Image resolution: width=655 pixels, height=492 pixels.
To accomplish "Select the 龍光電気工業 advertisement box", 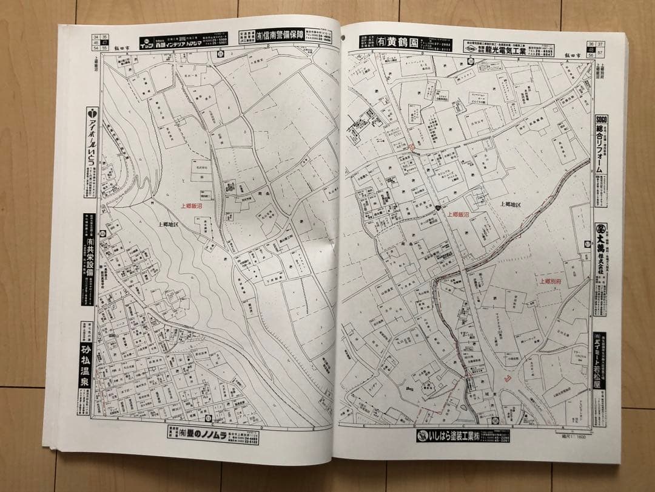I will click(x=507, y=49).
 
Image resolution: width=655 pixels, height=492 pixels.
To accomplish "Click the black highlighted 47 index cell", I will click(x=104, y=42).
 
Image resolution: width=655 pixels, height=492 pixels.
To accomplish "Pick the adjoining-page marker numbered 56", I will click(x=590, y=54).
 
